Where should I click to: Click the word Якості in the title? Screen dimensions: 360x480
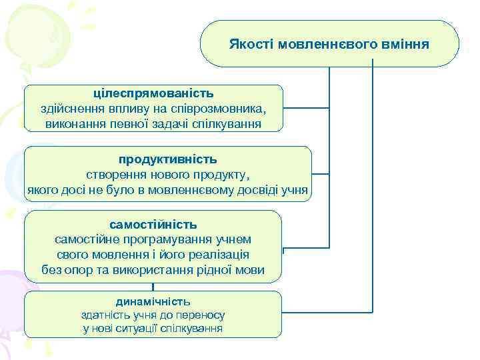251,45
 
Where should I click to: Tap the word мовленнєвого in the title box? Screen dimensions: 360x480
321,45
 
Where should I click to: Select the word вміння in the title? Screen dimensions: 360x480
399,45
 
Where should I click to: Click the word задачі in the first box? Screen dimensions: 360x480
180,124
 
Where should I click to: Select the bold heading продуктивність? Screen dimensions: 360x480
168,160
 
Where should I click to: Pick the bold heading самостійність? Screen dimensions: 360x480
153,224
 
